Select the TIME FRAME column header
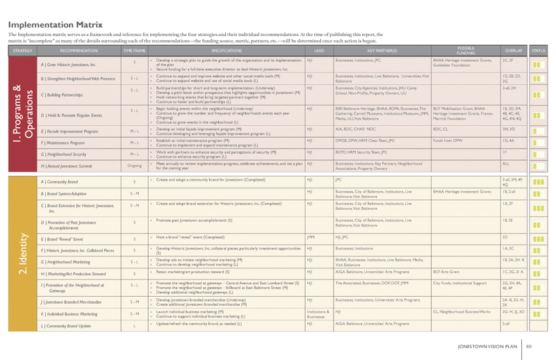point(133,51)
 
